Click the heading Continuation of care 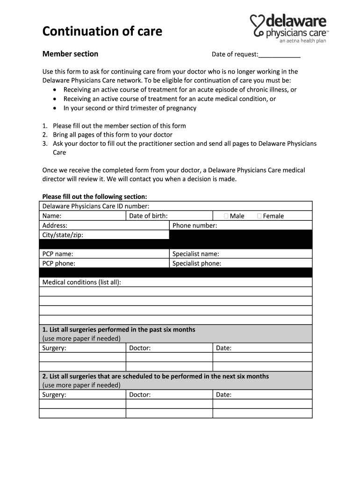102,31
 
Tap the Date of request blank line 279,55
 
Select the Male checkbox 226,216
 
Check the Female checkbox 259,216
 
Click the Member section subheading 70,54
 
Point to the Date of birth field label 148,216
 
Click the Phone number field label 194,225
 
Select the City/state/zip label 63,235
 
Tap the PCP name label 58,254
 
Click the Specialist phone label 197,263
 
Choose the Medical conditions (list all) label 82,282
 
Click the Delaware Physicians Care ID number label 96,206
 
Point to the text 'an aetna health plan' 302,41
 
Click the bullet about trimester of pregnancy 130,108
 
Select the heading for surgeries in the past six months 119,329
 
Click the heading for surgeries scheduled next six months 155,376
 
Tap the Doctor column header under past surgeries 140,348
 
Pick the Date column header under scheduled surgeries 223,395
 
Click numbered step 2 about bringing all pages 112,135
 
